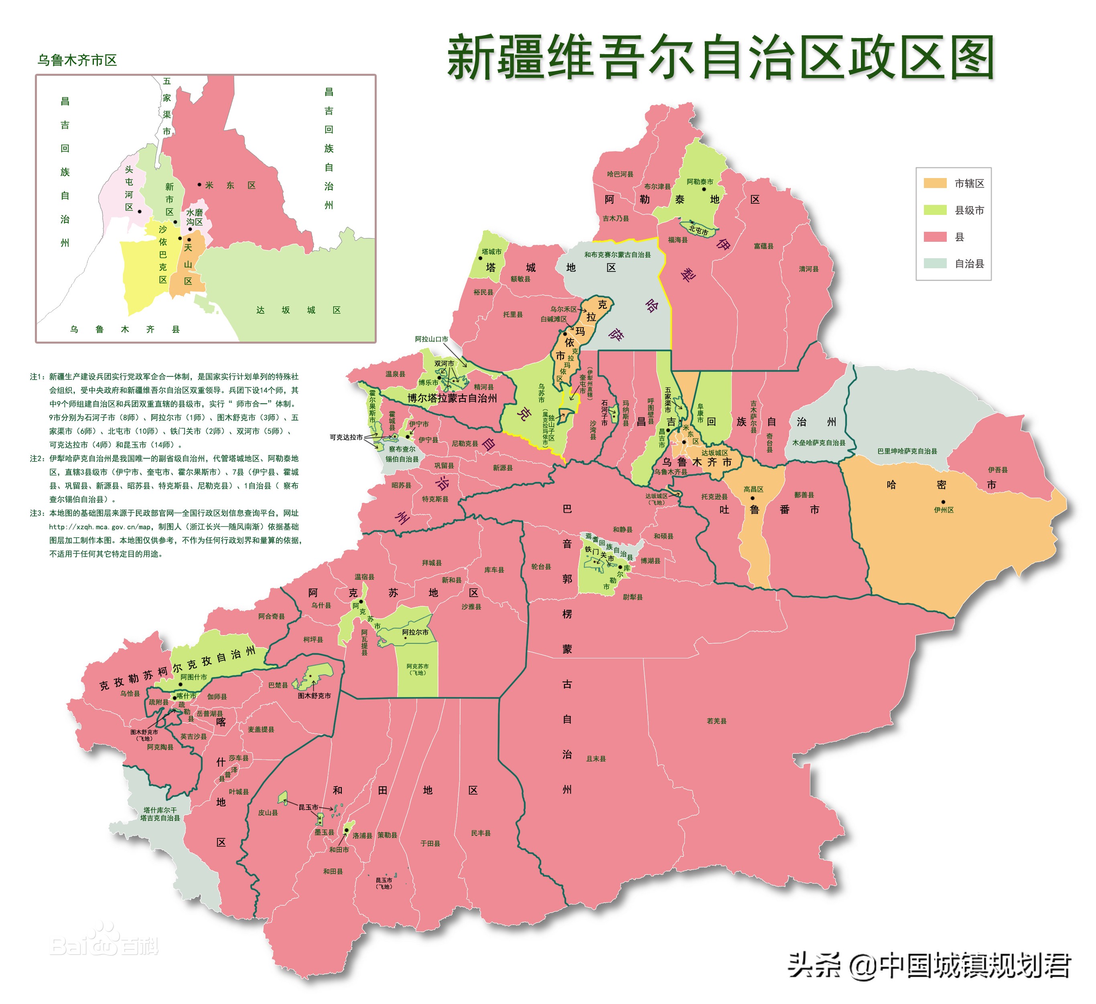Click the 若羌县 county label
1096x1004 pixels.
click(716, 721)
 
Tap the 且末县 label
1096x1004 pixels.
click(596, 759)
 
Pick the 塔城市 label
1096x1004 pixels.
click(491, 251)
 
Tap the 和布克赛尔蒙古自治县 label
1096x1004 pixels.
click(617, 254)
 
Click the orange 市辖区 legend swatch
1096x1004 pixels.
click(935, 183)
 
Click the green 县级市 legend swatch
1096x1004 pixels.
click(935, 210)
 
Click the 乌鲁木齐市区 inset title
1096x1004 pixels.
click(77, 60)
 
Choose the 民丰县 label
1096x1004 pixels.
click(481, 833)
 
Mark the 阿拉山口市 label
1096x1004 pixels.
click(431, 339)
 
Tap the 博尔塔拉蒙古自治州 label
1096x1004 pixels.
click(452, 398)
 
